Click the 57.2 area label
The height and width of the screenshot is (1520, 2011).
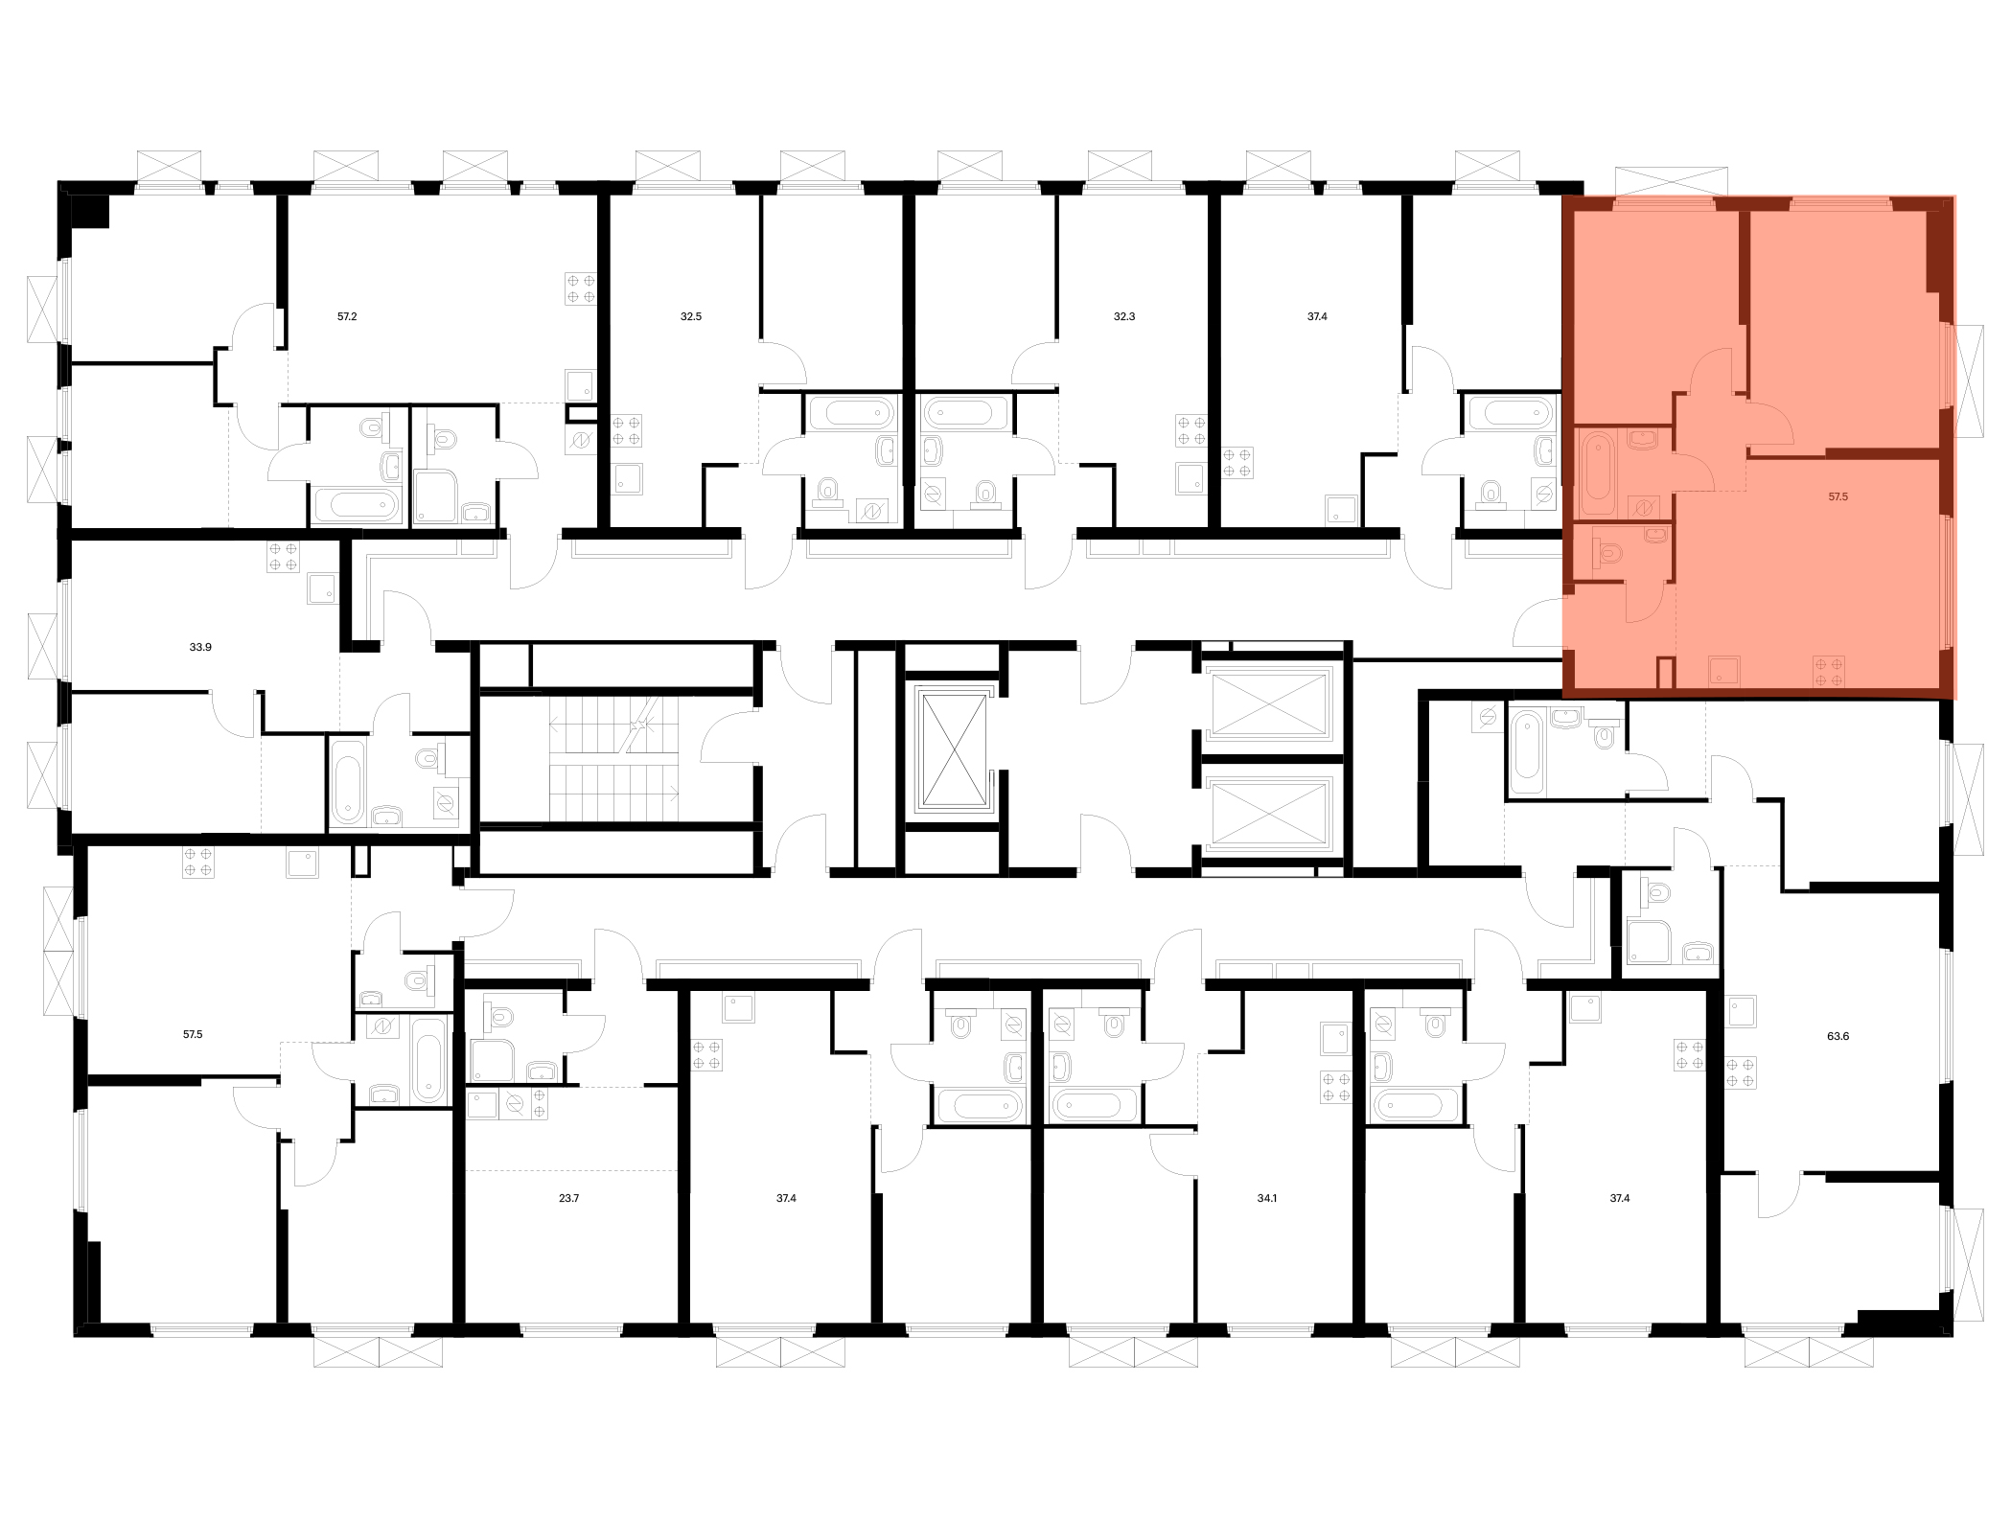(347, 316)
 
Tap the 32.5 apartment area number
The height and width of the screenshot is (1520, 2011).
(691, 316)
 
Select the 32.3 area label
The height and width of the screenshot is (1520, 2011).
(1124, 316)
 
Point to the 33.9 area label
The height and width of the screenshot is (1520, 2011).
(200, 647)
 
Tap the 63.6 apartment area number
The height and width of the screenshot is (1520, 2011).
(1838, 1035)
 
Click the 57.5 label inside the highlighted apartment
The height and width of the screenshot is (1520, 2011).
(1838, 496)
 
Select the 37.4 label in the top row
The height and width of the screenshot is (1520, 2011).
(1317, 316)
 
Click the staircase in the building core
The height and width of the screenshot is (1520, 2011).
(614, 759)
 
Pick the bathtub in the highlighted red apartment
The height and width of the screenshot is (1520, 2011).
(1597, 474)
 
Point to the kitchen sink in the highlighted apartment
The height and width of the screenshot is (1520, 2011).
(1725, 671)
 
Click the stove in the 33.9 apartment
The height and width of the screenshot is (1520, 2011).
(284, 557)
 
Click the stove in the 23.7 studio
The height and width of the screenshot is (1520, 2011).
(540, 1104)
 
